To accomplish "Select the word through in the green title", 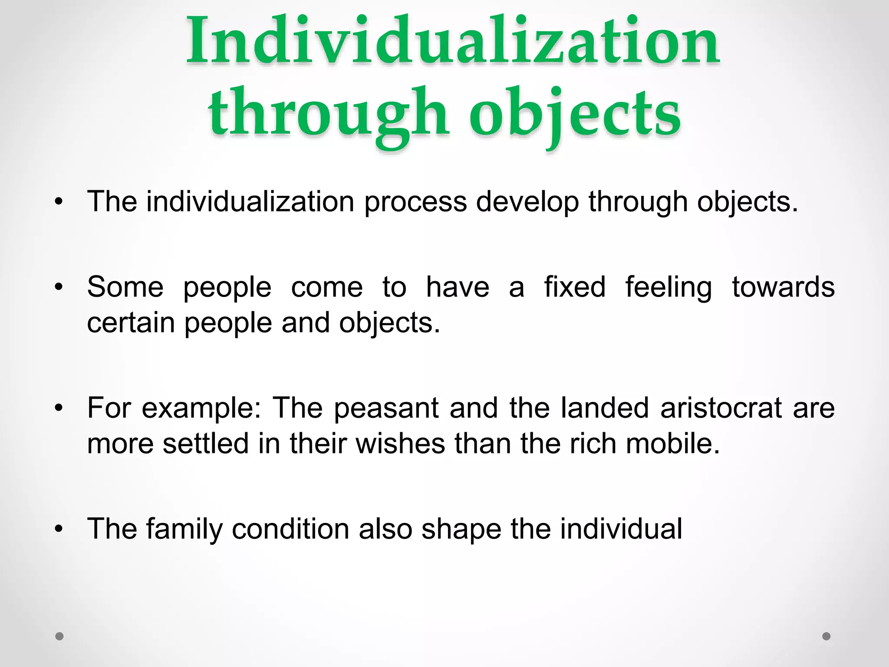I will [329, 114].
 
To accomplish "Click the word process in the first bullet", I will [415, 202].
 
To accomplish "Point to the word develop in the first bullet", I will [527, 202].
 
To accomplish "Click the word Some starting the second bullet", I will [125, 287].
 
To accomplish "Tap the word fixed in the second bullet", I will [575, 287].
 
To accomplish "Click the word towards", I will [783, 287].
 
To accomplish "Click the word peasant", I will [386, 409].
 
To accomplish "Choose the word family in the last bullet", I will [184, 529].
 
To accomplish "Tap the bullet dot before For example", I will [59, 409].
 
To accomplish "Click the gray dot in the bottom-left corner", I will [59, 636].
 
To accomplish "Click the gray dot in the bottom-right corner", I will [826, 636].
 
